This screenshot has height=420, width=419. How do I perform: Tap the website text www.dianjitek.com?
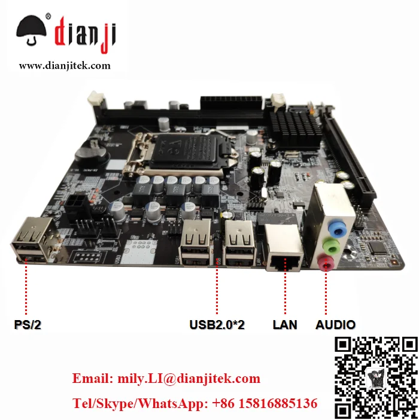pyautogui.click(x=65, y=66)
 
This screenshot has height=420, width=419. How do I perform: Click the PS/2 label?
pyautogui.click(x=28, y=325)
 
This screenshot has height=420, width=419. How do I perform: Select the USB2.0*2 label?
pyautogui.click(x=217, y=325)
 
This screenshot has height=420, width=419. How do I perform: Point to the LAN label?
pyautogui.click(x=285, y=325)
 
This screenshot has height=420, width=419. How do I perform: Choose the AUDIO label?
pyautogui.click(x=335, y=325)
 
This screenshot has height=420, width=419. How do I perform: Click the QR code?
pyautogui.click(x=374, y=377)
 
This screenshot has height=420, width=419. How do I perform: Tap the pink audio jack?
pyautogui.click(x=325, y=261)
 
